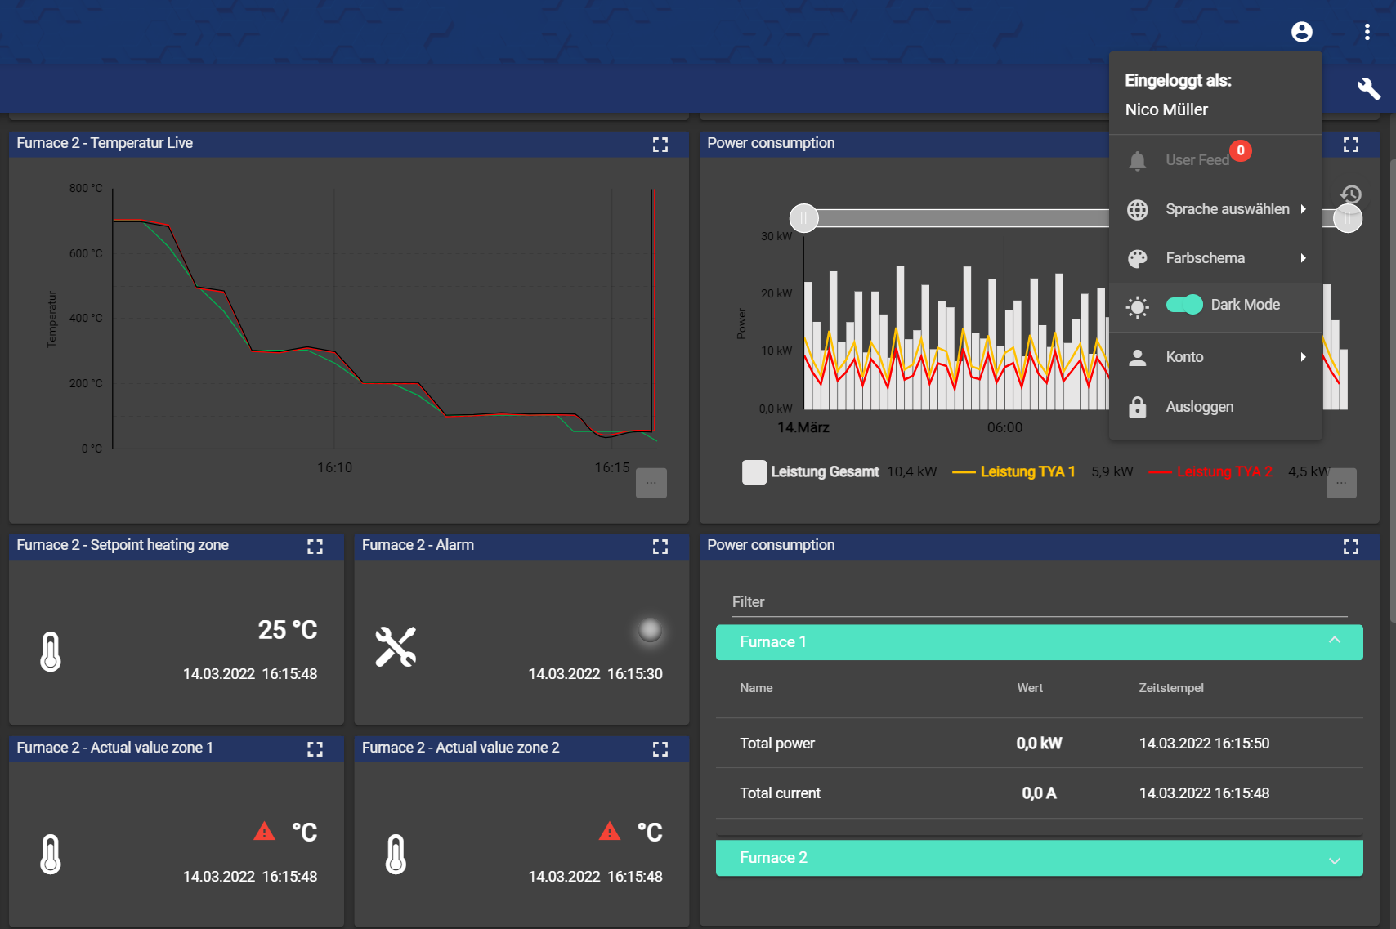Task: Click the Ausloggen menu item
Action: pyautogui.click(x=1199, y=407)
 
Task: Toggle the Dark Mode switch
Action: pyautogui.click(x=1184, y=305)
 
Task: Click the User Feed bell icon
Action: pyautogui.click(x=1137, y=160)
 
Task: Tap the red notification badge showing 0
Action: pyautogui.click(x=1241, y=150)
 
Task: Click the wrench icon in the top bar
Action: pyautogui.click(x=1368, y=88)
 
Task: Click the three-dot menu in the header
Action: pyautogui.click(x=1367, y=32)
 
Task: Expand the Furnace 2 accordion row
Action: pyautogui.click(x=1039, y=858)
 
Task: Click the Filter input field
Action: pyautogui.click(x=1039, y=602)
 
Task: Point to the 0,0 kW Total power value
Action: pyautogui.click(x=1039, y=744)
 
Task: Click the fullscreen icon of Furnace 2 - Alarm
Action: pyautogui.click(x=660, y=546)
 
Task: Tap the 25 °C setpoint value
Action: pyautogui.click(x=288, y=630)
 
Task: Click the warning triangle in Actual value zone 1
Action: pyautogui.click(x=264, y=832)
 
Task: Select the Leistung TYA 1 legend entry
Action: pyautogui.click(x=1027, y=471)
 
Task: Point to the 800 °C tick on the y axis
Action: pyautogui.click(x=86, y=188)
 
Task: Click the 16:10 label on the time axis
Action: pyautogui.click(x=334, y=467)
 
